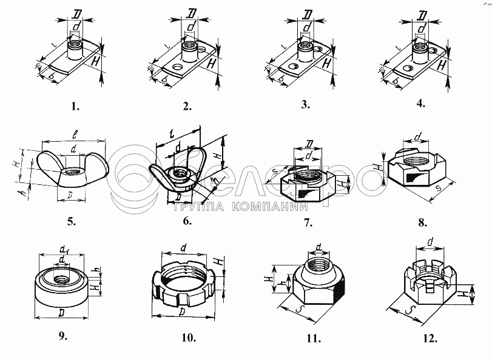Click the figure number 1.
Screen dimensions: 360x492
click(75, 107)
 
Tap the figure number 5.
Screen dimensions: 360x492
click(72, 221)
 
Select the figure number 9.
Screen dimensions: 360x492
click(62, 335)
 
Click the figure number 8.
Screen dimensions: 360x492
click(423, 222)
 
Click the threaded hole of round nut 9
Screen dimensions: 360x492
click(62, 279)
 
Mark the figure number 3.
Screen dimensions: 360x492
click(305, 105)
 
